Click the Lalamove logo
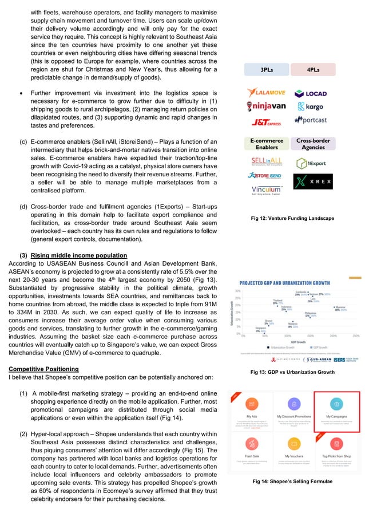click(267, 93)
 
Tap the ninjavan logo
click(267, 106)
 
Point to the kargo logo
click(310, 106)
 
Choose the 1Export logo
click(312, 163)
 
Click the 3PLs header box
click(267, 70)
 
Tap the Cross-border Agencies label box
click(315, 144)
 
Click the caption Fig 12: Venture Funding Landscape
click(292, 218)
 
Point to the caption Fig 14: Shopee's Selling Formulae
click(292, 482)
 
